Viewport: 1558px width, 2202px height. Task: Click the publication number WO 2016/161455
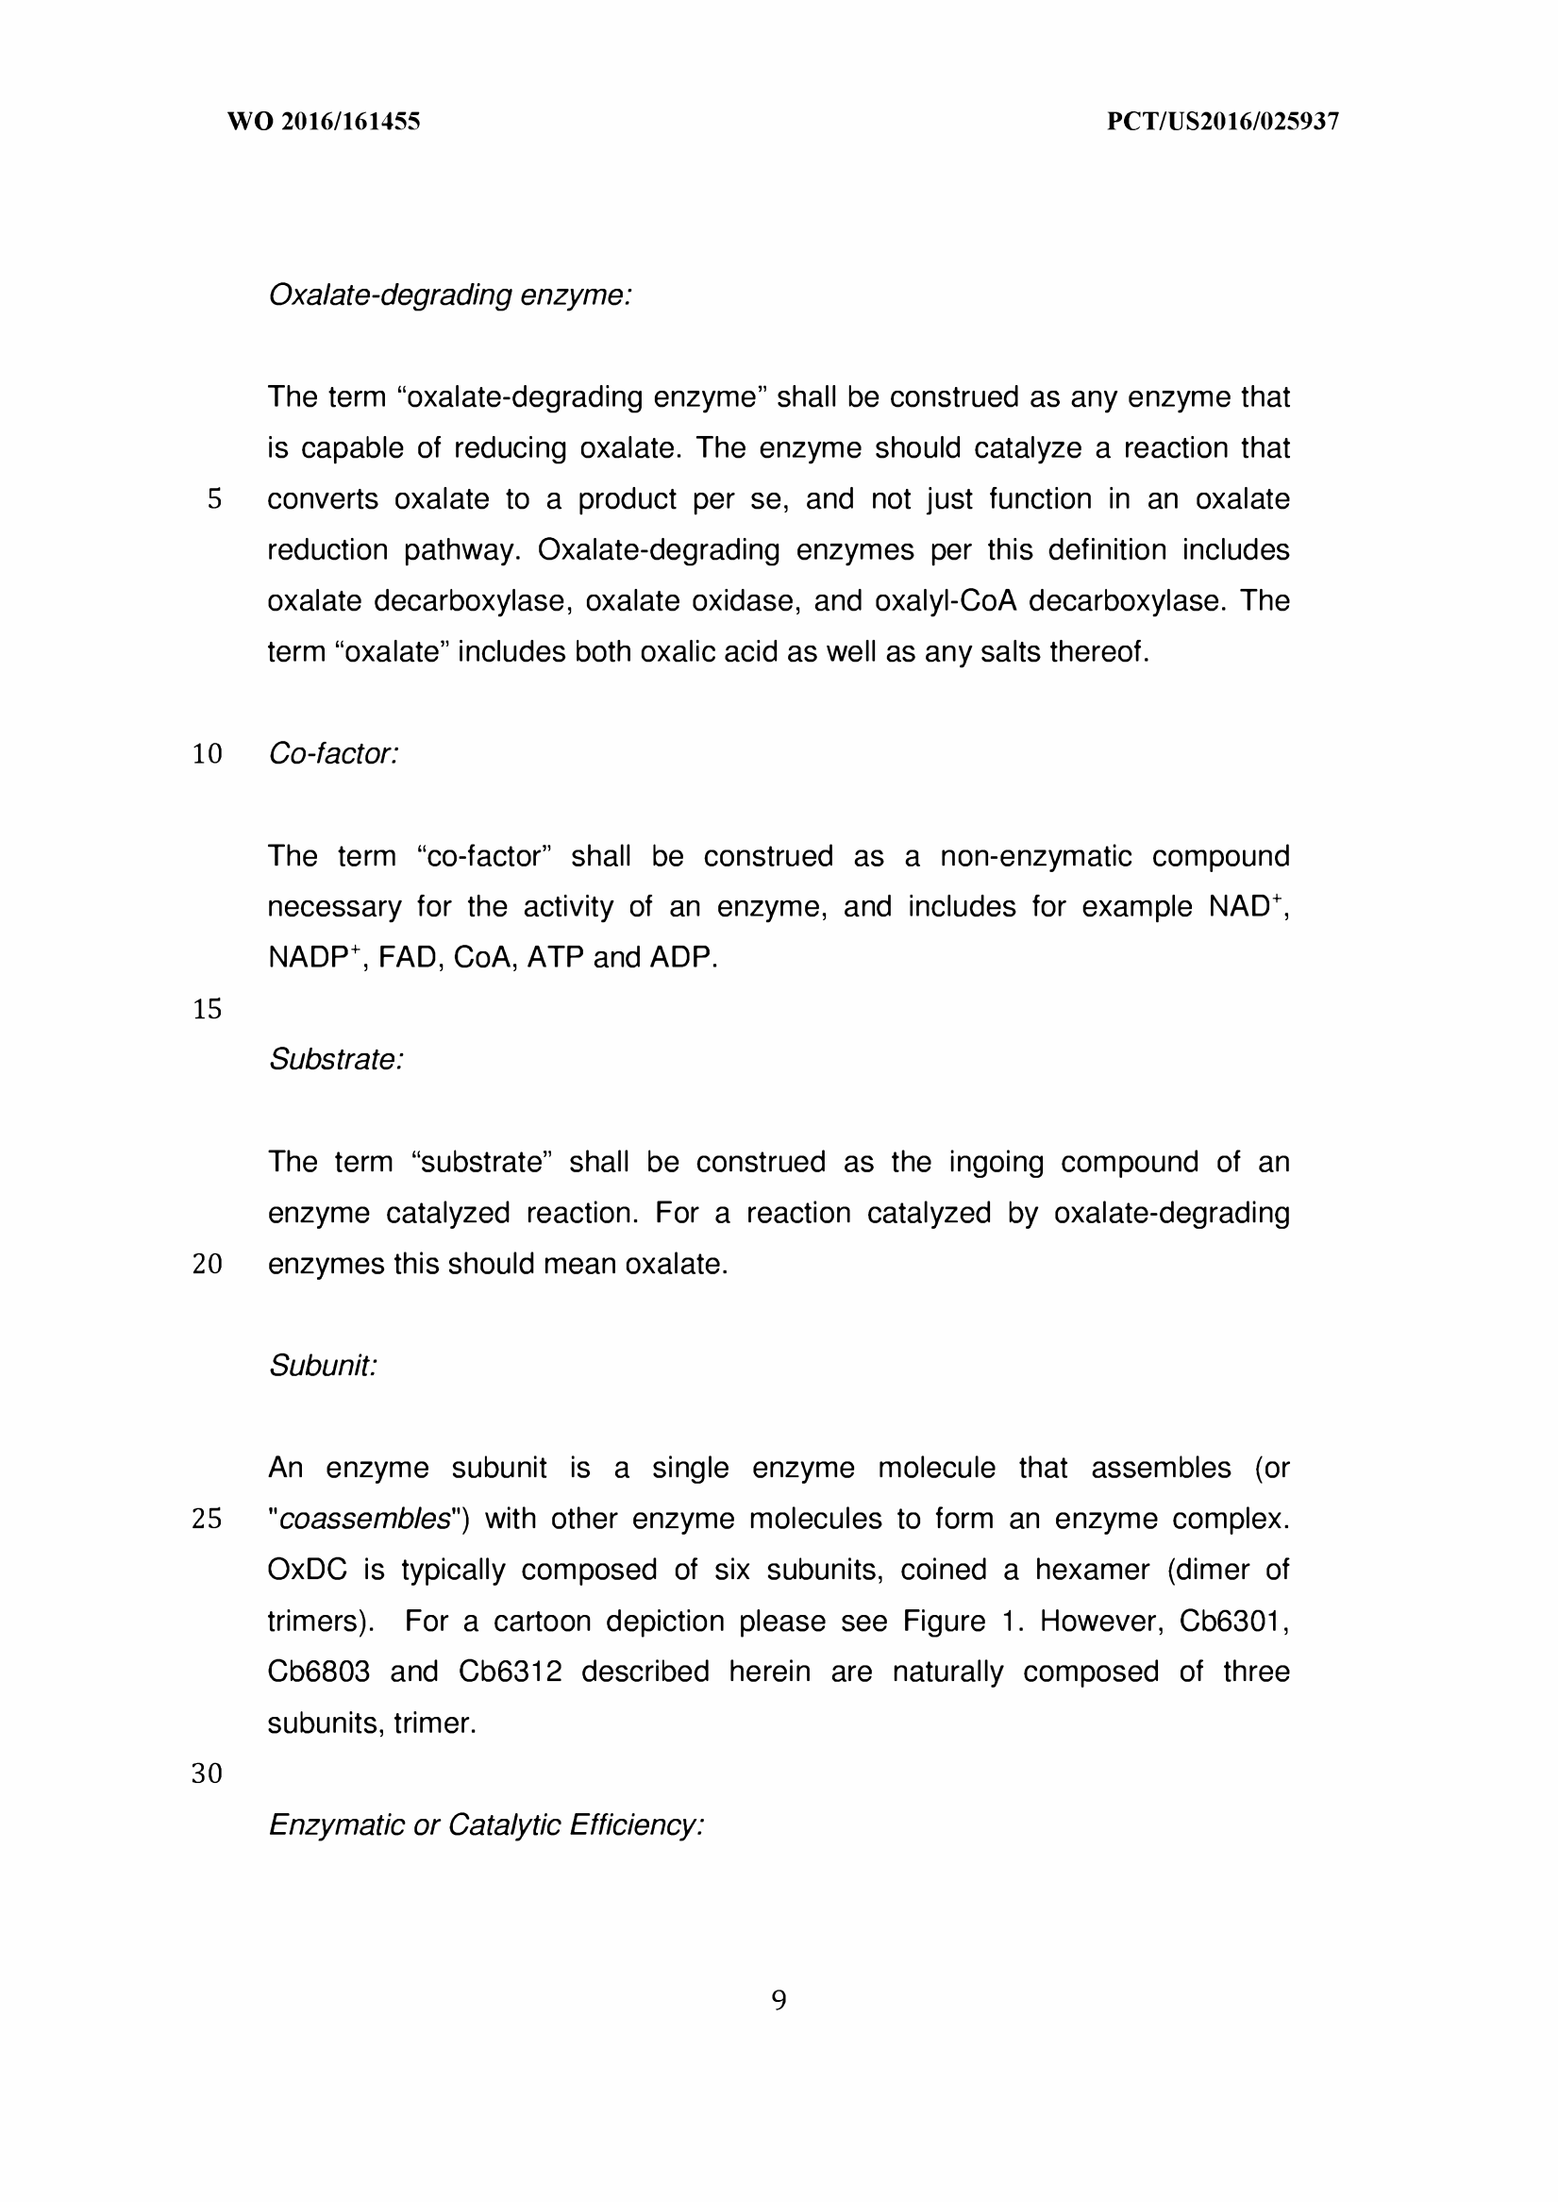324,122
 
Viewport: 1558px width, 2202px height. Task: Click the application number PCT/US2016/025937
1222,122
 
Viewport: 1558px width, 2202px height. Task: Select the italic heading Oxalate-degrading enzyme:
450,295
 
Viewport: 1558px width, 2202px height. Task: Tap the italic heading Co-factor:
333,754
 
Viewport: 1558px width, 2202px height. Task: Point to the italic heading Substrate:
336,1060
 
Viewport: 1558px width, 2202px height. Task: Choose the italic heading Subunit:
323,1366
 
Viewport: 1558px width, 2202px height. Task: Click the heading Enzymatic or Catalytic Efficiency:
486,1824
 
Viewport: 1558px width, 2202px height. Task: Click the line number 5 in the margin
214,500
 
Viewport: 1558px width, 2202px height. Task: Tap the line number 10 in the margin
208,754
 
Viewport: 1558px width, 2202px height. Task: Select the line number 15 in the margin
208,1009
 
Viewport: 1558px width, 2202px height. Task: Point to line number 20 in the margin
208,1265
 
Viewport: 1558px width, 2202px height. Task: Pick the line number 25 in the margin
208,1519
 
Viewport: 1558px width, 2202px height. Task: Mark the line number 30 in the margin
208,1773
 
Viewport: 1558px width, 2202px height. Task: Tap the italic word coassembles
364,1519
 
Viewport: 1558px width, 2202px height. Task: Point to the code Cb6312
510,1672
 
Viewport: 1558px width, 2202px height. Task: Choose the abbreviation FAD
407,958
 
